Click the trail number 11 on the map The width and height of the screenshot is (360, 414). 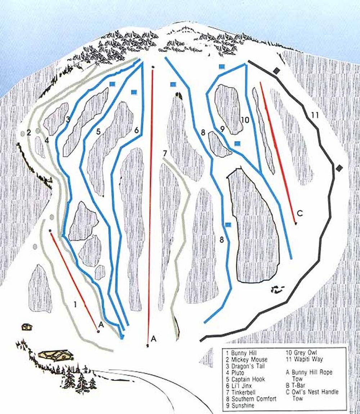pos(315,115)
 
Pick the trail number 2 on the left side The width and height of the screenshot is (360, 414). pos(29,132)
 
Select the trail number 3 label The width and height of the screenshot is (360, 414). pos(67,119)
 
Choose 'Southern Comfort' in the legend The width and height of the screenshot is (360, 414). pos(253,399)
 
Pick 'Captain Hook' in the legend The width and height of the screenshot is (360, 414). pos(248,379)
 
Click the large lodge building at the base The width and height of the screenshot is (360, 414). pos(56,356)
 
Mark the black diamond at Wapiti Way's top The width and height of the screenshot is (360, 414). pos(276,71)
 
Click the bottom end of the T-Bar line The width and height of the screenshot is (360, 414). pos(148,346)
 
